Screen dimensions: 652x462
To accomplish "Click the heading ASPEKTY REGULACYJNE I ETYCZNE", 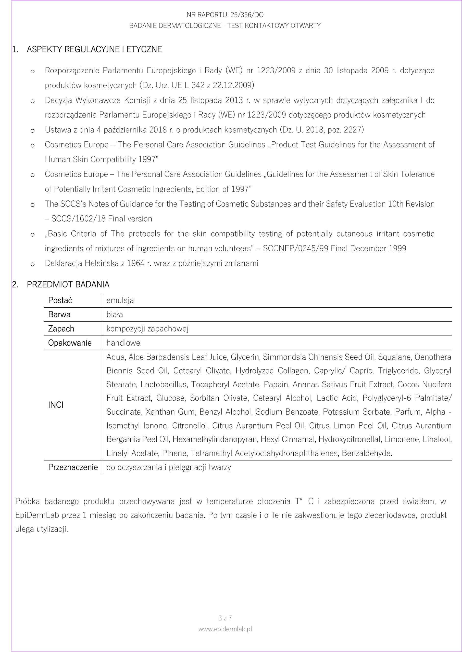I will [94, 49].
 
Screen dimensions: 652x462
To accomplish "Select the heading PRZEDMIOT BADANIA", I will [68, 284].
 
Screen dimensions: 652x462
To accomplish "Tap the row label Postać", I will [60, 300].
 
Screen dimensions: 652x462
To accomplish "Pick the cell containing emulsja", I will [120, 300].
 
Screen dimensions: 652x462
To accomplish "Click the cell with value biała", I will [115, 314].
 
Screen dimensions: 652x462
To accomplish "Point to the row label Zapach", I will [61, 329].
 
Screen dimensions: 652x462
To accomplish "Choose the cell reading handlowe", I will [123, 343].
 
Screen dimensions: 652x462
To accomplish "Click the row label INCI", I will [56, 405].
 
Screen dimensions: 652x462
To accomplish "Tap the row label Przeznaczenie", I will [73, 467].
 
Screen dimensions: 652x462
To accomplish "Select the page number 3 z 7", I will [225, 618].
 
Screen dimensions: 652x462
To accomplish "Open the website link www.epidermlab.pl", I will [225, 629].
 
